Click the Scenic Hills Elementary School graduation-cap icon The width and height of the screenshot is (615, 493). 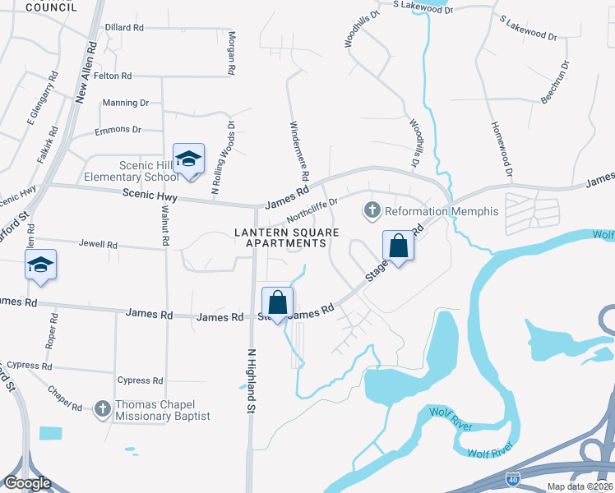click(188, 159)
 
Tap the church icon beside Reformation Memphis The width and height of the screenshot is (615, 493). click(372, 211)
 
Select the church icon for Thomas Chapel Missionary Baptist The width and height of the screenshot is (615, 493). click(103, 408)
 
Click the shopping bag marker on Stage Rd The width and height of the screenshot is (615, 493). click(398, 246)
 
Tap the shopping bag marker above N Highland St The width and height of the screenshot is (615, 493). click(278, 302)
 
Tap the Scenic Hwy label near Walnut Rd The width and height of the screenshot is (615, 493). click(149, 196)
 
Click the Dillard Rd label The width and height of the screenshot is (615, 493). click(124, 27)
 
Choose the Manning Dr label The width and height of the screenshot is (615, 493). click(125, 103)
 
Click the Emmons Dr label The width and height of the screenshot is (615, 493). click(118, 130)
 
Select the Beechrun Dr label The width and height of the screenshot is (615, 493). click(555, 81)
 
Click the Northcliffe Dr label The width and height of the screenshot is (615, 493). click(312, 210)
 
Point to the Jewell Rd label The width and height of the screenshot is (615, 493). click(98, 245)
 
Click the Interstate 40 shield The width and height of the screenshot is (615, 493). click(512, 477)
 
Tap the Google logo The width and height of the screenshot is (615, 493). click(27, 483)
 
